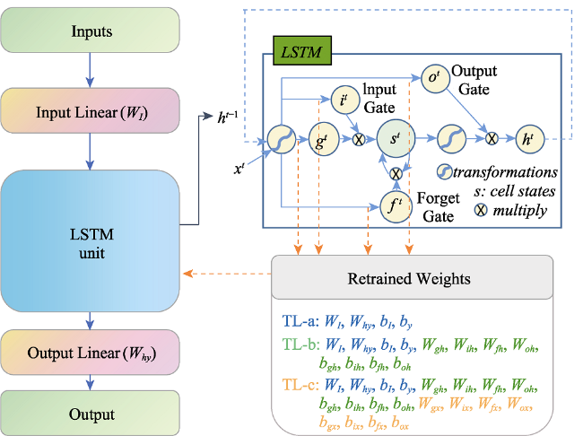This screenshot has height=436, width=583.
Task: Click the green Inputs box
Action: point(90,31)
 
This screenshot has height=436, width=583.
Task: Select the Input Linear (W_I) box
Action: point(90,111)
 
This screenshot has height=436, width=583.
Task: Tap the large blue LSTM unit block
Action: point(90,241)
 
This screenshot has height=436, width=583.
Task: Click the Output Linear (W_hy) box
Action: point(90,352)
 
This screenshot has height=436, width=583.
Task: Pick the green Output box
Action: point(90,413)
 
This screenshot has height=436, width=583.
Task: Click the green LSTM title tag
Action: point(302,51)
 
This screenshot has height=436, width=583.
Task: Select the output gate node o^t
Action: point(435,78)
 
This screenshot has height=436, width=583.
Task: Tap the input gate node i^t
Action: point(345,100)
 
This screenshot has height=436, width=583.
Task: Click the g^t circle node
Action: point(324,140)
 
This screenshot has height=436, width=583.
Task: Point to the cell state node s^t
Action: point(396,139)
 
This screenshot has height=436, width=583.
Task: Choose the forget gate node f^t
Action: point(396,206)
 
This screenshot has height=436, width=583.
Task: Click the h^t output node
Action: point(529,140)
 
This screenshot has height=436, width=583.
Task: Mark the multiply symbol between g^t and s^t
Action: point(359,140)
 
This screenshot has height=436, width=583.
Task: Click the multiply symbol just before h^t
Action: point(492,139)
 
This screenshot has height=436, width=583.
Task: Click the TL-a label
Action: point(300,320)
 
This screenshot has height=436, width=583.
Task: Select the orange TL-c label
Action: point(300,385)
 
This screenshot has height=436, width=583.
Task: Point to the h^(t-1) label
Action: point(228,118)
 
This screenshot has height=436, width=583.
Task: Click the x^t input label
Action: point(239,169)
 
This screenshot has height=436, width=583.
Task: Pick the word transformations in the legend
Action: point(505,172)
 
